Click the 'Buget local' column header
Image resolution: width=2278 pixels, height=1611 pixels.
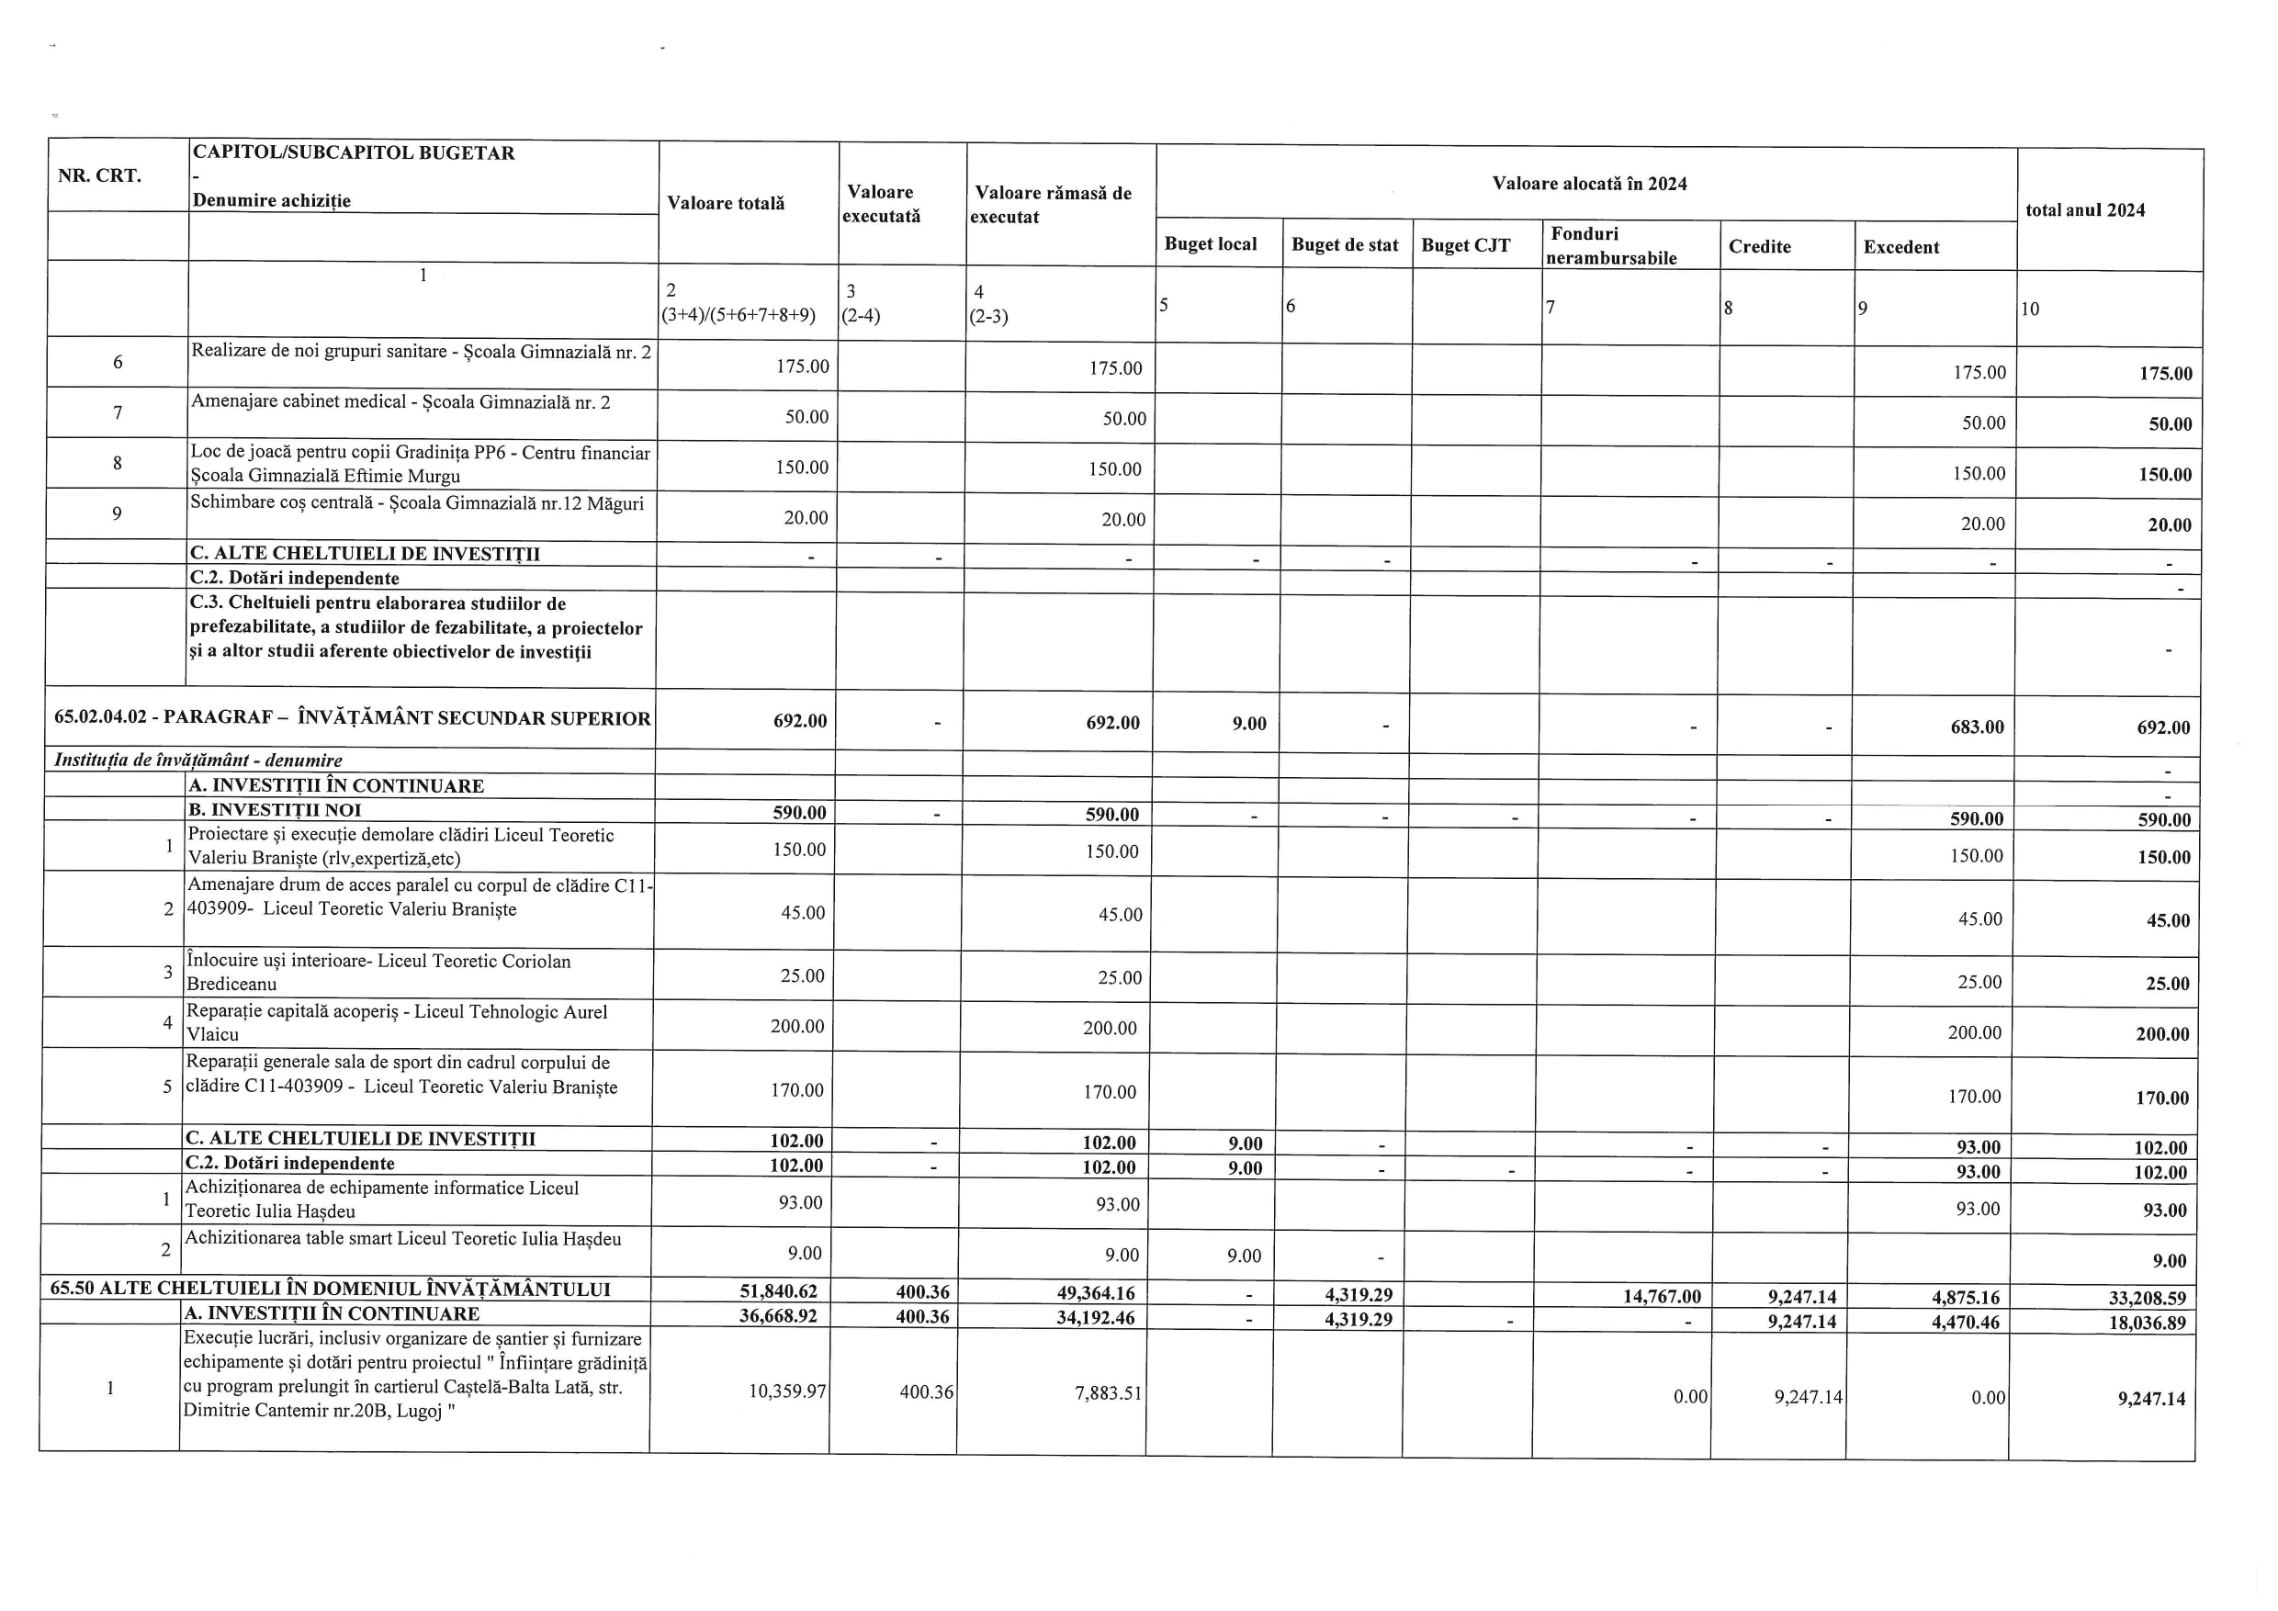(1210, 244)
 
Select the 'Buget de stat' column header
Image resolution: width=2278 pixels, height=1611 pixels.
(1345, 245)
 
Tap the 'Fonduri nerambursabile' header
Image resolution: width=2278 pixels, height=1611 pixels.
(1610, 246)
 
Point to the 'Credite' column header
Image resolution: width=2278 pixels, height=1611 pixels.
(1759, 247)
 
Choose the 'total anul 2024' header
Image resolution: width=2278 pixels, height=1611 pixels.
(2084, 210)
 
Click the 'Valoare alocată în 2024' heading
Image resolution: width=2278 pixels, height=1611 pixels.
(1588, 184)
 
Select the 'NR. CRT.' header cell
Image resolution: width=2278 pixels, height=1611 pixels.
(99, 175)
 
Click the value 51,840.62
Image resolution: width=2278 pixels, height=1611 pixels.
(784, 1290)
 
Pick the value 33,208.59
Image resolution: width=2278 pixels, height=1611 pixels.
(2142, 1298)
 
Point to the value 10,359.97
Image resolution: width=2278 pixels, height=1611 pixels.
(787, 1391)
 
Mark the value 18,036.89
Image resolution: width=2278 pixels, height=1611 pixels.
(2142, 1323)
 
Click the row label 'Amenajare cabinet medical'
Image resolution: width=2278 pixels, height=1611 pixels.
(400, 401)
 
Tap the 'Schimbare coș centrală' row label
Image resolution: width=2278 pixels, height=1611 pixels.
(417, 503)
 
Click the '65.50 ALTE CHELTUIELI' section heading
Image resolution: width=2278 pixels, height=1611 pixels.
(331, 1289)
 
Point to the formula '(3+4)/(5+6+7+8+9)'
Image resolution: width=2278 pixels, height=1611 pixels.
(739, 315)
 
